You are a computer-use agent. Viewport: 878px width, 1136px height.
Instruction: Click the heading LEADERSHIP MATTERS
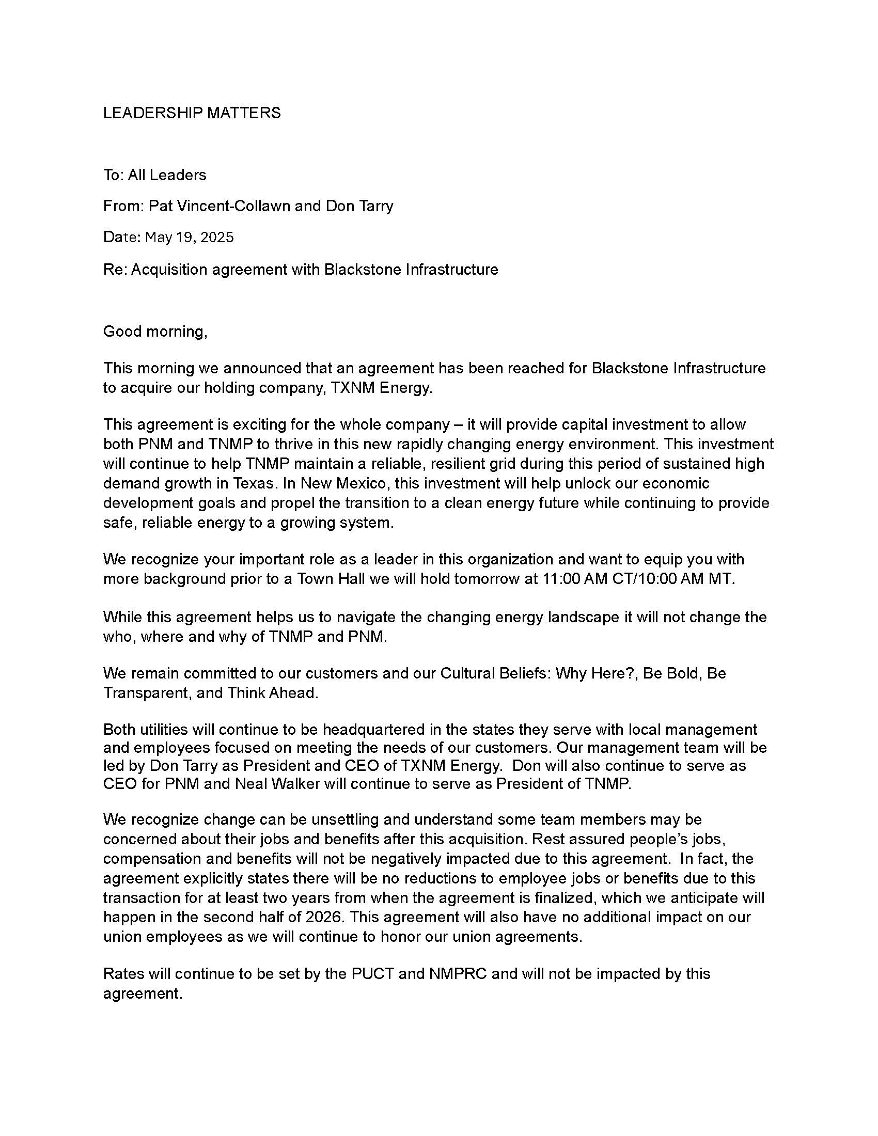click(192, 113)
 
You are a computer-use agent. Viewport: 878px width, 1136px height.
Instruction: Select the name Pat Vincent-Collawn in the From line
click(219, 206)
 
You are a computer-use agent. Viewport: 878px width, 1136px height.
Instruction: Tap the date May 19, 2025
click(190, 238)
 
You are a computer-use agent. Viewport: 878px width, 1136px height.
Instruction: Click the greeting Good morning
click(154, 332)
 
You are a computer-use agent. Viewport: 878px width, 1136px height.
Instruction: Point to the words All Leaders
click(167, 175)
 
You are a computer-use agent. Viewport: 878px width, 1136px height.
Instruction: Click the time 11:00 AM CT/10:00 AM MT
click(638, 579)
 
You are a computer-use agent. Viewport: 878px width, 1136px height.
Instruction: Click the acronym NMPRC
click(458, 974)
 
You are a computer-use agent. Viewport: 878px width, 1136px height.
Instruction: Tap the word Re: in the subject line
click(115, 270)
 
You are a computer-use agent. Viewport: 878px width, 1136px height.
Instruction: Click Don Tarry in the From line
click(359, 206)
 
